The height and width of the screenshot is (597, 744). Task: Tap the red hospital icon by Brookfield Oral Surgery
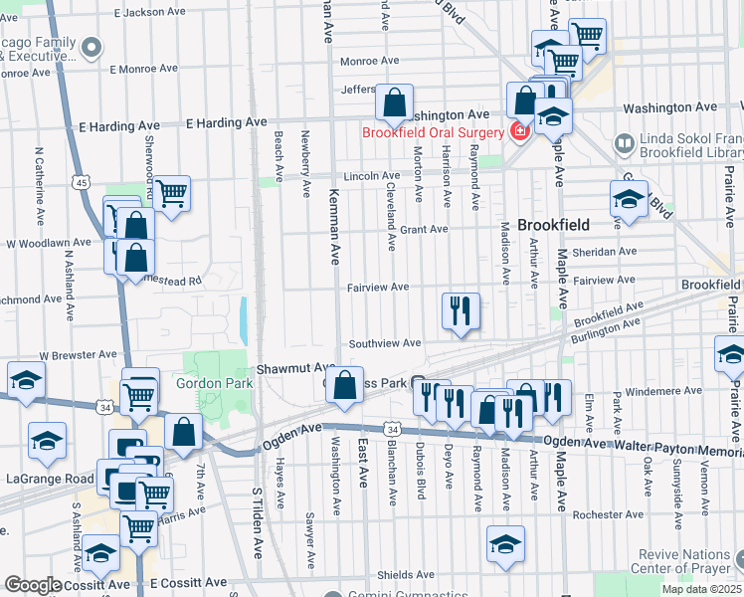[x=518, y=132]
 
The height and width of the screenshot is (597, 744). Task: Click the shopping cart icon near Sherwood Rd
[x=172, y=194]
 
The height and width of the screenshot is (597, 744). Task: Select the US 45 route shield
[x=82, y=182]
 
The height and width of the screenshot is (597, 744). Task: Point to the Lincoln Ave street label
[x=371, y=176]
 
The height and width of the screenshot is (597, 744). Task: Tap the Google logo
[x=33, y=585]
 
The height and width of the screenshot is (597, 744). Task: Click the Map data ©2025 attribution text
[x=701, y=589]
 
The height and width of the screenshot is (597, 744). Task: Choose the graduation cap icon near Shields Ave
[x=505, y=544]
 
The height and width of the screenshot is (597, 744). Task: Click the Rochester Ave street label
[x=609, y=514]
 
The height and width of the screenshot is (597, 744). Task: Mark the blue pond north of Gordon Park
[x=244, y=318]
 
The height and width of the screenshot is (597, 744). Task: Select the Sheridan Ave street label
[x=605, y=252]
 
